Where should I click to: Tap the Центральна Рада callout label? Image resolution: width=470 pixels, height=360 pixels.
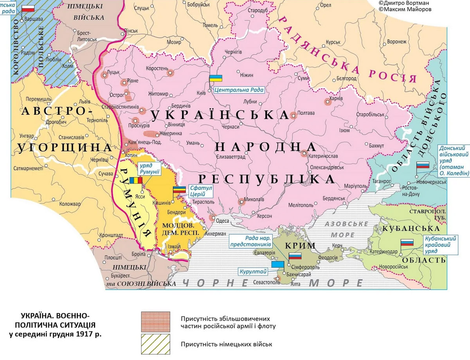click(239, 90)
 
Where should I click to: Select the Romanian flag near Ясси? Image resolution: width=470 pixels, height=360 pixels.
click(136, 181)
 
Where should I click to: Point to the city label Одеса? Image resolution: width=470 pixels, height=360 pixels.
click(223, 221)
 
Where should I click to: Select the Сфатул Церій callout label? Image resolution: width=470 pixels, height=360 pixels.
click(201, 191)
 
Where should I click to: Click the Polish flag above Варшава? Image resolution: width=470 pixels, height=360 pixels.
click(27, 9)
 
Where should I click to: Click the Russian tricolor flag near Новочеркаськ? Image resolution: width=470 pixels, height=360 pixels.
click(422, 165)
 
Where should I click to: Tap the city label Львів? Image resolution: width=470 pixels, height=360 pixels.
click(84, 101)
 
